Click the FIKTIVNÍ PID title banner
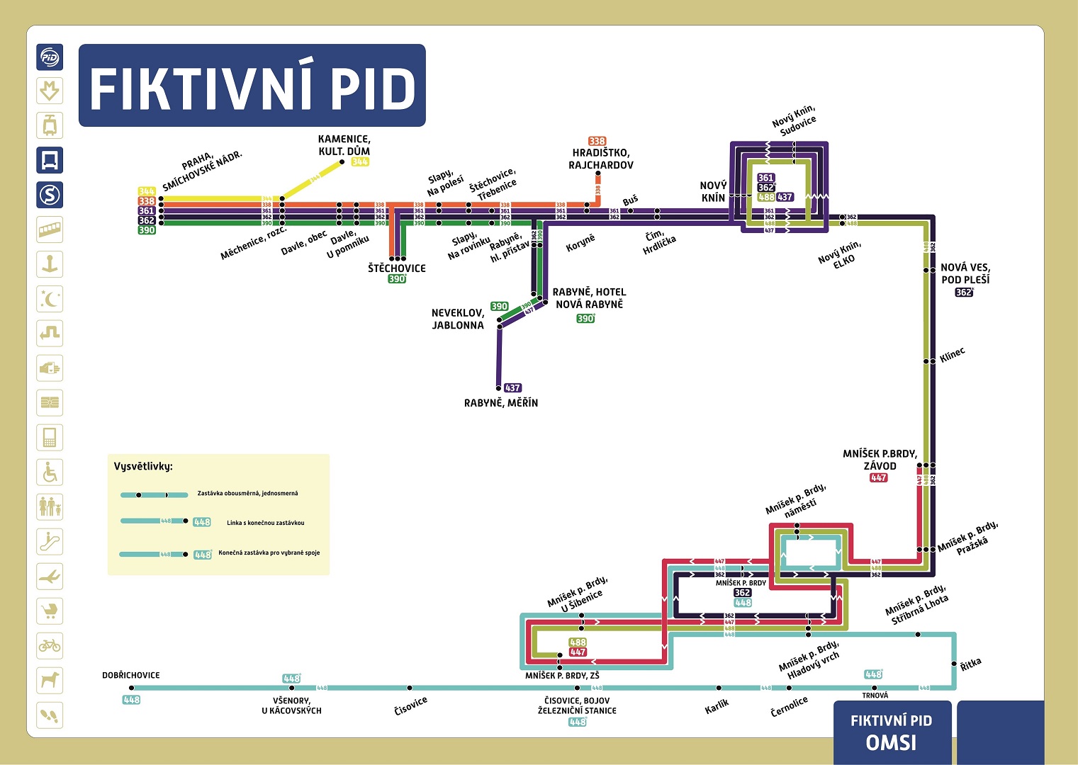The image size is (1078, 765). coord(252,86)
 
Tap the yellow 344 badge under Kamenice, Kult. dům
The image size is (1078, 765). coord(360,161)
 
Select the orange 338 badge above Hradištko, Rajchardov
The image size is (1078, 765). coord(597,141)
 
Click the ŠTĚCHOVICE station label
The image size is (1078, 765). coord(397,268)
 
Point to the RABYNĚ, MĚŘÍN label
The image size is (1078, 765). coord(501,402)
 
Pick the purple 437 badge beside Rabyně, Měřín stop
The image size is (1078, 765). coord(512,387)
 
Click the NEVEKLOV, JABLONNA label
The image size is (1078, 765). coord(458,319)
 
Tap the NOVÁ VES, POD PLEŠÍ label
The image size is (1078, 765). coord(965,273)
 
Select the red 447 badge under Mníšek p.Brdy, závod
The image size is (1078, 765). coord(878,477)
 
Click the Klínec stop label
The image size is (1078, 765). coord(953,354)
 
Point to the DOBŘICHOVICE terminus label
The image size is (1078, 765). coord(131,675)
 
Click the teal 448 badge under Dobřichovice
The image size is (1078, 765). coord(132,700)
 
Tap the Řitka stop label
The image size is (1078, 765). coord(971,664)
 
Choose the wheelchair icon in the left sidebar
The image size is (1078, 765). coord(50,472)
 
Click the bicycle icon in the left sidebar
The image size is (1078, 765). coord(50,645)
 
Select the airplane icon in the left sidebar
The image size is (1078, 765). coord(50,576)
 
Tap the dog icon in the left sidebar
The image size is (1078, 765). coord(50,680)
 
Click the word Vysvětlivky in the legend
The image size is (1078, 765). coord(143,466)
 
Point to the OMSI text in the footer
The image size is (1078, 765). coord(891,742)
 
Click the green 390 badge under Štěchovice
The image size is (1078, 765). coord(397,279)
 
